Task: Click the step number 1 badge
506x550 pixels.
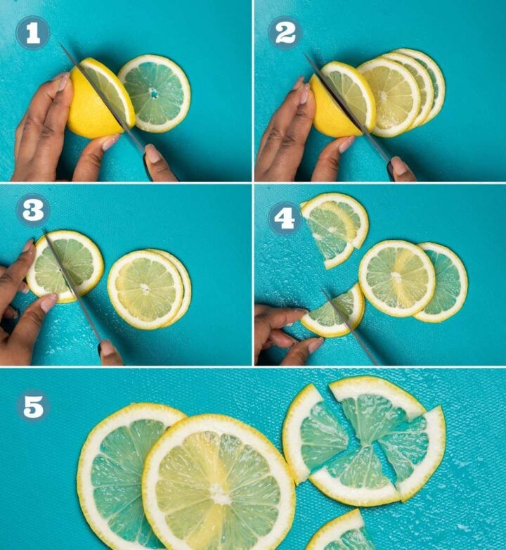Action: point(33,32)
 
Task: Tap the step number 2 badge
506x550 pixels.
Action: point(285,32)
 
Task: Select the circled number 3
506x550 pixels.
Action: point(33,210)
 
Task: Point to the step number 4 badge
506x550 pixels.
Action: point(285,218)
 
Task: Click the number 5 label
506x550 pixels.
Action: point(33,407)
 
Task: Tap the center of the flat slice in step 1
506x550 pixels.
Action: point(154,93)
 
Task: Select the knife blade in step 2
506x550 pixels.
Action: point(344,105)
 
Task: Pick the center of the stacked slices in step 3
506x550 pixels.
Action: point(145,288)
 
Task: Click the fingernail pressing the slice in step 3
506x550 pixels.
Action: point(48,302)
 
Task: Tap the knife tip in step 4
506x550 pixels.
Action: point(325,291)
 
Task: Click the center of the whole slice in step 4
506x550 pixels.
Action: point(396,277)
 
